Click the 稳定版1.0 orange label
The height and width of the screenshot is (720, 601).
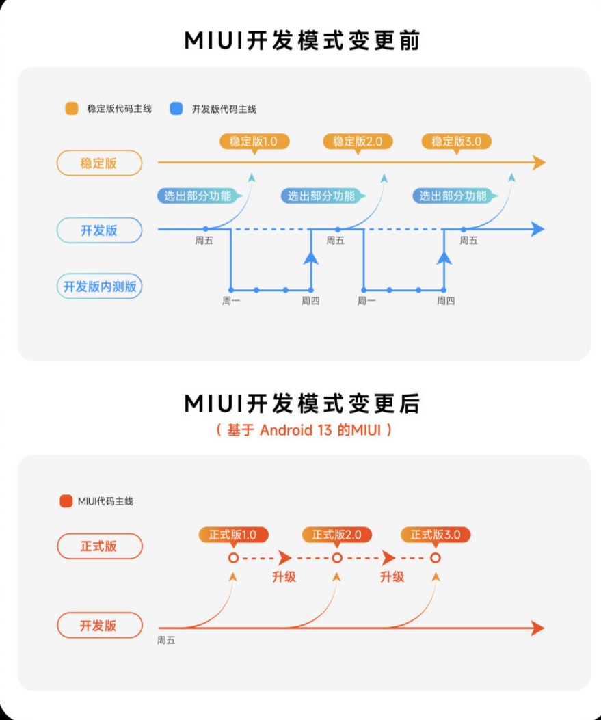tap(254, 142)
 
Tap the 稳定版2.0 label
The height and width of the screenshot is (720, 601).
tap(357, 142)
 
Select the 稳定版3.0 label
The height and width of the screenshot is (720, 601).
tap(456, 142)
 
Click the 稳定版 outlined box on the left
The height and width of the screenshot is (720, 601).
tap(98, 163)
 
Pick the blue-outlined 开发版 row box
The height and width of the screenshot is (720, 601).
tap(98, 230)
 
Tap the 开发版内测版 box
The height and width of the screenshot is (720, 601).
tap(100, 286)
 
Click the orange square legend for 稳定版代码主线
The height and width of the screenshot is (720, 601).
tap(72, 108)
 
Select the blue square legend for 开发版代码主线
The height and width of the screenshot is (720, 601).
tap(176, 108)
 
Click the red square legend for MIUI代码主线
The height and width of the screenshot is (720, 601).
tap(66, 501)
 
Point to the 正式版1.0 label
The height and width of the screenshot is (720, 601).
tap(233, 535)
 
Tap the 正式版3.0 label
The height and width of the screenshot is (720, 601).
tap(436, 535)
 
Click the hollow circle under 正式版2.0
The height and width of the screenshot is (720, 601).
tap(337, 558)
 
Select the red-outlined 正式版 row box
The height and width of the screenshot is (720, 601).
tap(99, 546)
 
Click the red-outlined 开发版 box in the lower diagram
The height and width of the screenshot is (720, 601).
tap(99, 626)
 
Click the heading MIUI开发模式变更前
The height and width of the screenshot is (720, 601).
tap(302, 40)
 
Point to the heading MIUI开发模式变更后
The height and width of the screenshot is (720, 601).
tap(302, 404)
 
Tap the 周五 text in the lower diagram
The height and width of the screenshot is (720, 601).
tap(166, 641)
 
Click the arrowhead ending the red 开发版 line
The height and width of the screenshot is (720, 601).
tap(537, 628)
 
